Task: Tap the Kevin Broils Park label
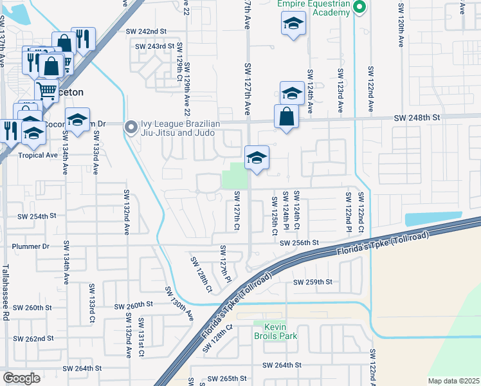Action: click(x=278, y=331)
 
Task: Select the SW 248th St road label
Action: click(x=416, y=118)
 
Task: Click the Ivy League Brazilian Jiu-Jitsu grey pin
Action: click(x=132, y=127)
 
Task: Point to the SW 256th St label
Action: click(x=299, y=243)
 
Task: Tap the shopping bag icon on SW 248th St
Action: click(x=286, y=116)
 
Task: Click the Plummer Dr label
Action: click(x=37, y=246)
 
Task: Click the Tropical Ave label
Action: click(x=38, y=155)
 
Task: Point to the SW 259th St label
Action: click(x=313, y=282)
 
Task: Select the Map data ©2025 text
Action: click(x=453, y=381)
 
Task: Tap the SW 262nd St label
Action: click(x=35, y=338)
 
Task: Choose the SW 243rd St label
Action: click(x=154, y=46)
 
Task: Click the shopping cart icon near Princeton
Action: click(x=46, y=91)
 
